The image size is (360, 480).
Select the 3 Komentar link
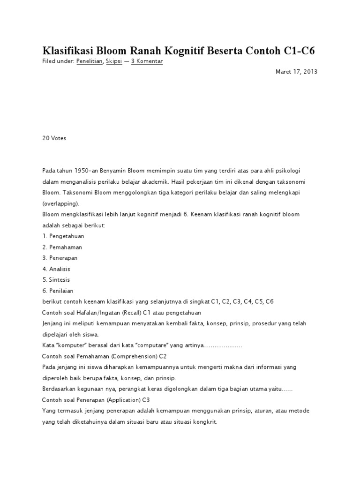(x=147, y=61)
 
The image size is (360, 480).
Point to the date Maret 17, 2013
(x=296, y=72)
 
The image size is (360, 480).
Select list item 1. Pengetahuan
(x=63, y=236)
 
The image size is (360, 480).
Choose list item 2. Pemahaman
(x=62, y=247)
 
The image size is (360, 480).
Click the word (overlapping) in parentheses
(x=60, y=203)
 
